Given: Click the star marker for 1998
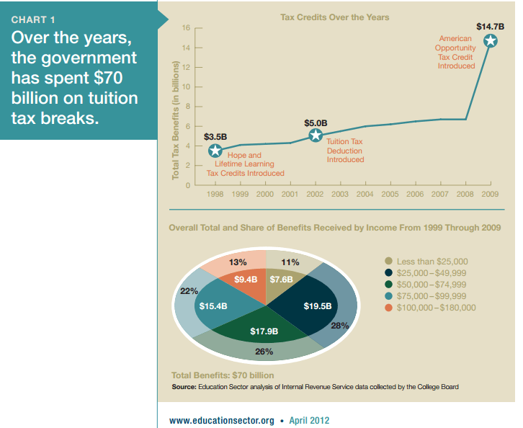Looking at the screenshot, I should click(215, 151).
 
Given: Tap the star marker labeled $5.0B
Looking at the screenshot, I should click(315, 135).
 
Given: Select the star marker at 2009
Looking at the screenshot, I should click(490, 40).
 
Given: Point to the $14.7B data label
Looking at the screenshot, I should click(490, 27).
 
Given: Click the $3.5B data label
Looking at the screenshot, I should click(215, 135).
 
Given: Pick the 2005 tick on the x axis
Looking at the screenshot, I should click(390, 195).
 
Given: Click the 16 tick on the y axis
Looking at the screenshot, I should click(186, 28).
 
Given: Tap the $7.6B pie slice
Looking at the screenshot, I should click(280, 279).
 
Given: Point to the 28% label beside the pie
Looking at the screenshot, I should click(339, 326).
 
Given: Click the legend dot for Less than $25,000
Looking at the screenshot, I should click(390, 262).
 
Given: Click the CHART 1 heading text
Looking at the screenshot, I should click(33, 19).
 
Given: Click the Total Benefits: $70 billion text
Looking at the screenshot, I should click(223, 375).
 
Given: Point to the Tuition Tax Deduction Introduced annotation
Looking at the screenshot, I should click(345, 151).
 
